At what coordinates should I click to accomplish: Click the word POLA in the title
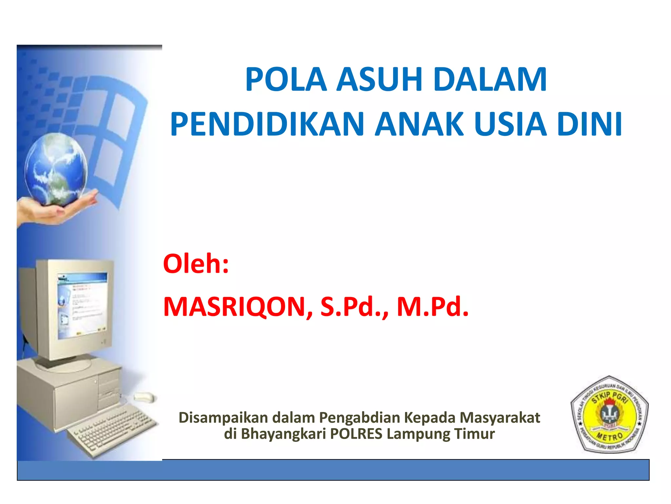[286, 79]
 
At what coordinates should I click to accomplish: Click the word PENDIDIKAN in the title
[267, 124]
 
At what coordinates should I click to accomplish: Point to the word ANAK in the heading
[419, 124]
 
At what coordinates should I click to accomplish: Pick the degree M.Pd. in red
[432, 307]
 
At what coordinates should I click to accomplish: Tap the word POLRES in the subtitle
[356, 434]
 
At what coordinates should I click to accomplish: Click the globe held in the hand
[56, 169]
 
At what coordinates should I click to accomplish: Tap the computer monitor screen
[82, 305]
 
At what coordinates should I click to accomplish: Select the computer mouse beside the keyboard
[144, 397]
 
